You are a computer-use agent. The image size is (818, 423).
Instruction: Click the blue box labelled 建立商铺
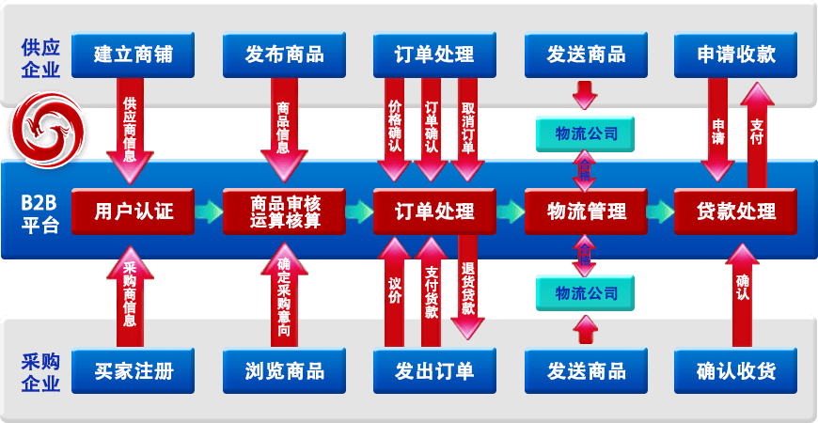coord(133,55)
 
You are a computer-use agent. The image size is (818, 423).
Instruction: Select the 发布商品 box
coord(283,55)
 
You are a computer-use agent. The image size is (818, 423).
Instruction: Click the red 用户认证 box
coord(133,211)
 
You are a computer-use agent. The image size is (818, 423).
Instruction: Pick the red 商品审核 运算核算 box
coord(284,211)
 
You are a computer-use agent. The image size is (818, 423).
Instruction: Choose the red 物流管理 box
coord(585,211)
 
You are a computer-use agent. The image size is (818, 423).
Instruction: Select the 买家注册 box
coord(133,370)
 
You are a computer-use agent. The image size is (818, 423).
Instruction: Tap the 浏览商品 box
coord(283,370)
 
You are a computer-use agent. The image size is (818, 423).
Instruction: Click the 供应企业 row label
coord(39,57)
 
